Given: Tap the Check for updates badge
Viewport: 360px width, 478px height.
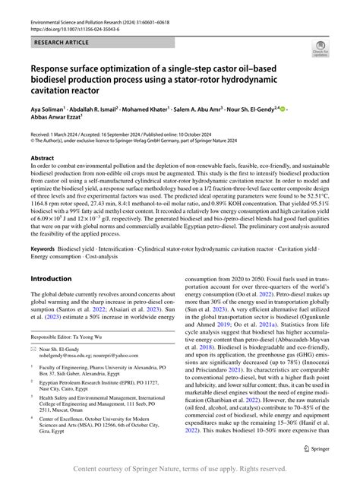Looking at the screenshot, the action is (321, 51).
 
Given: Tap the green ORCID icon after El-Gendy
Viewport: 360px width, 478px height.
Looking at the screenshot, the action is (283, 109).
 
